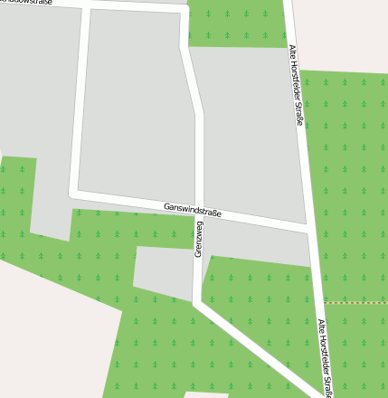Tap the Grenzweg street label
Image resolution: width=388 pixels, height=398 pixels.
(198, 240)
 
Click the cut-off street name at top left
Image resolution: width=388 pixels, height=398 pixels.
(27, 3)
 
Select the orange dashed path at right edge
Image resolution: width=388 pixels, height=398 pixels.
(355, 301)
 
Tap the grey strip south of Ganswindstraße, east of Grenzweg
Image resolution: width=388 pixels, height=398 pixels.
(258, 242)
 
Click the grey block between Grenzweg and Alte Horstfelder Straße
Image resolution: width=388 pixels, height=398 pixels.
(249, 136)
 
